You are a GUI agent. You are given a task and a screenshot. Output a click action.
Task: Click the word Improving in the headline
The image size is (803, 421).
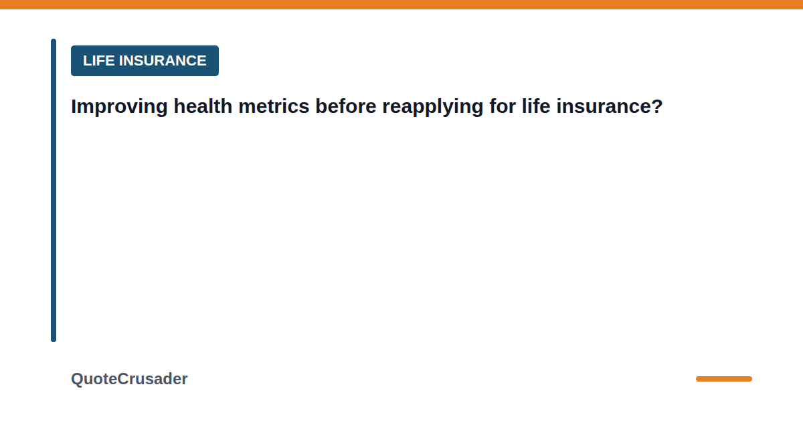tap(119, 107)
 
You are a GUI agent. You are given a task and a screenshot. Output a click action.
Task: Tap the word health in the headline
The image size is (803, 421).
tap(203, 106)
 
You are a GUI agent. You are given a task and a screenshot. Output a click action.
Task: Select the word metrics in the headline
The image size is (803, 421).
tap(274, 106)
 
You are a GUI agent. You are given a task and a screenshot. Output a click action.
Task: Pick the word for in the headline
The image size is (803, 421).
tap(503, 106)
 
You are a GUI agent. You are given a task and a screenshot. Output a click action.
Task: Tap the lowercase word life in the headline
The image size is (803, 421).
tap(536, 106)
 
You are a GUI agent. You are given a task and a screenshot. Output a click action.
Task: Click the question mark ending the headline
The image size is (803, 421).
tap(656, 106)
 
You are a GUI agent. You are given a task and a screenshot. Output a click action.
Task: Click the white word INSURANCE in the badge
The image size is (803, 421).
tap(163, 61)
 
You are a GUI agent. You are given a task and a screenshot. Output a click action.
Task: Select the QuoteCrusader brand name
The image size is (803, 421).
tap(129, 379)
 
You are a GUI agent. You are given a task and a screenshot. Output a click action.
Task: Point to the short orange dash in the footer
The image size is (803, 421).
tap(724, 379)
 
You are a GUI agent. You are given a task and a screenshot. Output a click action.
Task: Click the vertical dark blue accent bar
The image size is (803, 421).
tap(54, 190)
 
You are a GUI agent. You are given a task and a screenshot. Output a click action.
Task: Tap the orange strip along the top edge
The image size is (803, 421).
tap(401, 4)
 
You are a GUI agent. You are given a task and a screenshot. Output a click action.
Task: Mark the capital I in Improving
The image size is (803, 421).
tap(74, 106)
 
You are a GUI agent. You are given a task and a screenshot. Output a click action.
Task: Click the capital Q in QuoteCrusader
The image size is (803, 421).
tap(78, 379)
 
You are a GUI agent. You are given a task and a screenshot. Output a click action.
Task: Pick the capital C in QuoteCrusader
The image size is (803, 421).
tap(123, 379)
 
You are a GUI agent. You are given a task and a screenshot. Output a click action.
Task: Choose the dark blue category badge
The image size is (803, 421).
tap(145, 61)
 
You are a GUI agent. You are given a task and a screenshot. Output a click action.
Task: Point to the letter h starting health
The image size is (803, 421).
tap(179, 106)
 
